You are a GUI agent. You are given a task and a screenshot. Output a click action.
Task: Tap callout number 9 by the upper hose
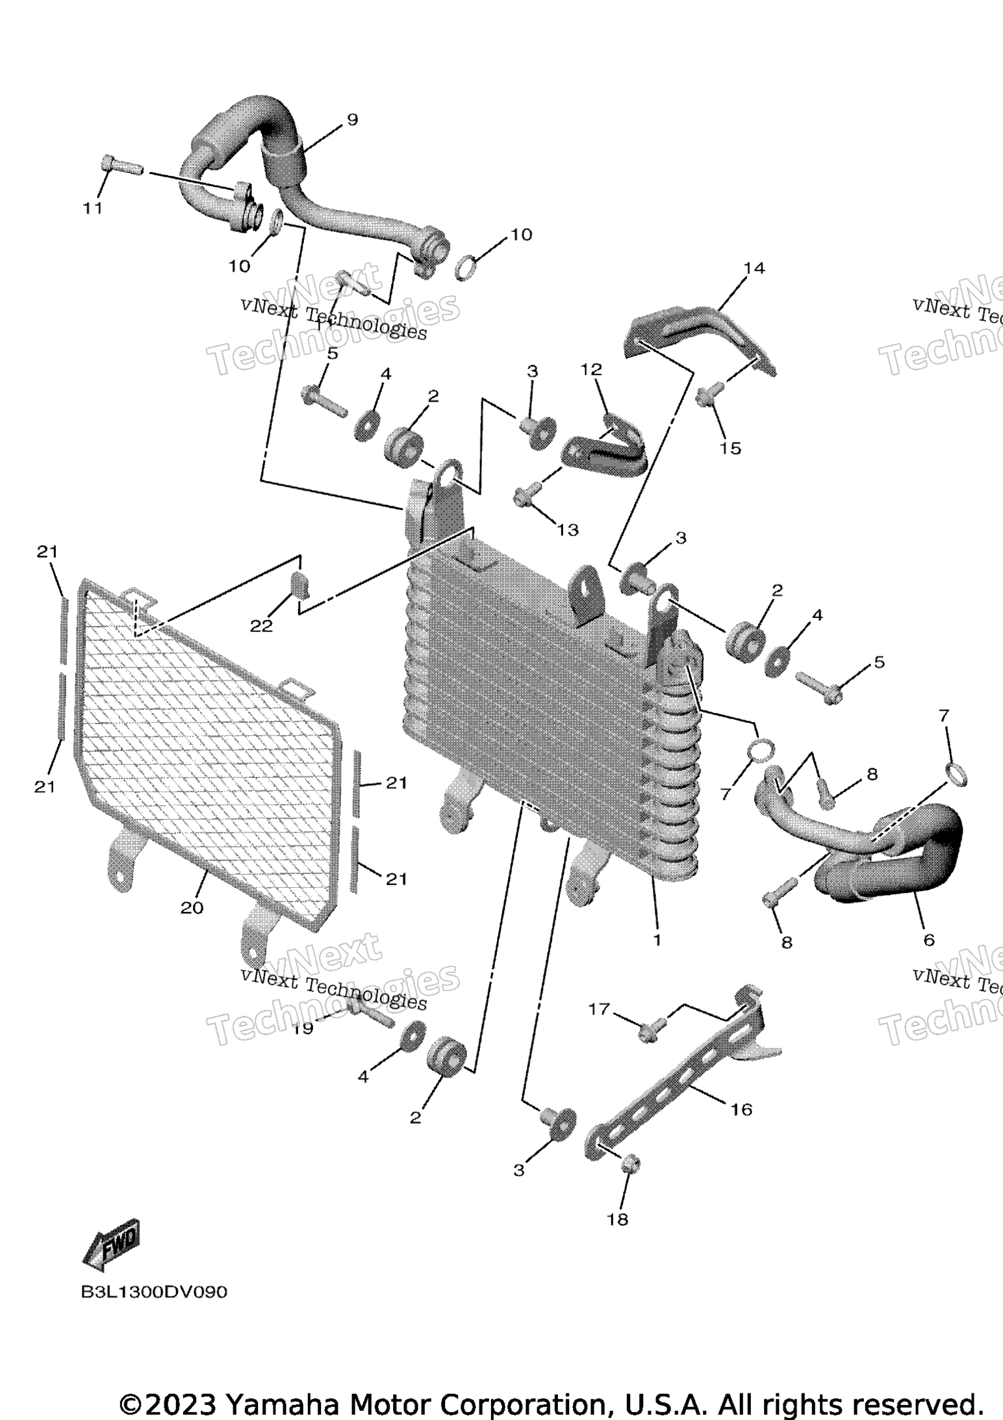pos(351,120)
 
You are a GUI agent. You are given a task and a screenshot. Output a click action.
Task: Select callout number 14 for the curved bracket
pos(754,268)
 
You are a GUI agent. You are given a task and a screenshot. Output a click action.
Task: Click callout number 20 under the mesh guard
pos(192,908)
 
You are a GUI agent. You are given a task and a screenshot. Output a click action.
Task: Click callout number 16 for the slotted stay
pos(741,1109)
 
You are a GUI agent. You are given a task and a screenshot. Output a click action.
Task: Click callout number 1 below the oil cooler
pos(657,940)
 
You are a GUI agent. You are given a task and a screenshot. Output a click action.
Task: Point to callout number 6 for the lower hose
pos(929,939)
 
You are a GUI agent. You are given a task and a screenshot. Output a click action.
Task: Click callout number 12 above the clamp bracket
pos(591,370)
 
